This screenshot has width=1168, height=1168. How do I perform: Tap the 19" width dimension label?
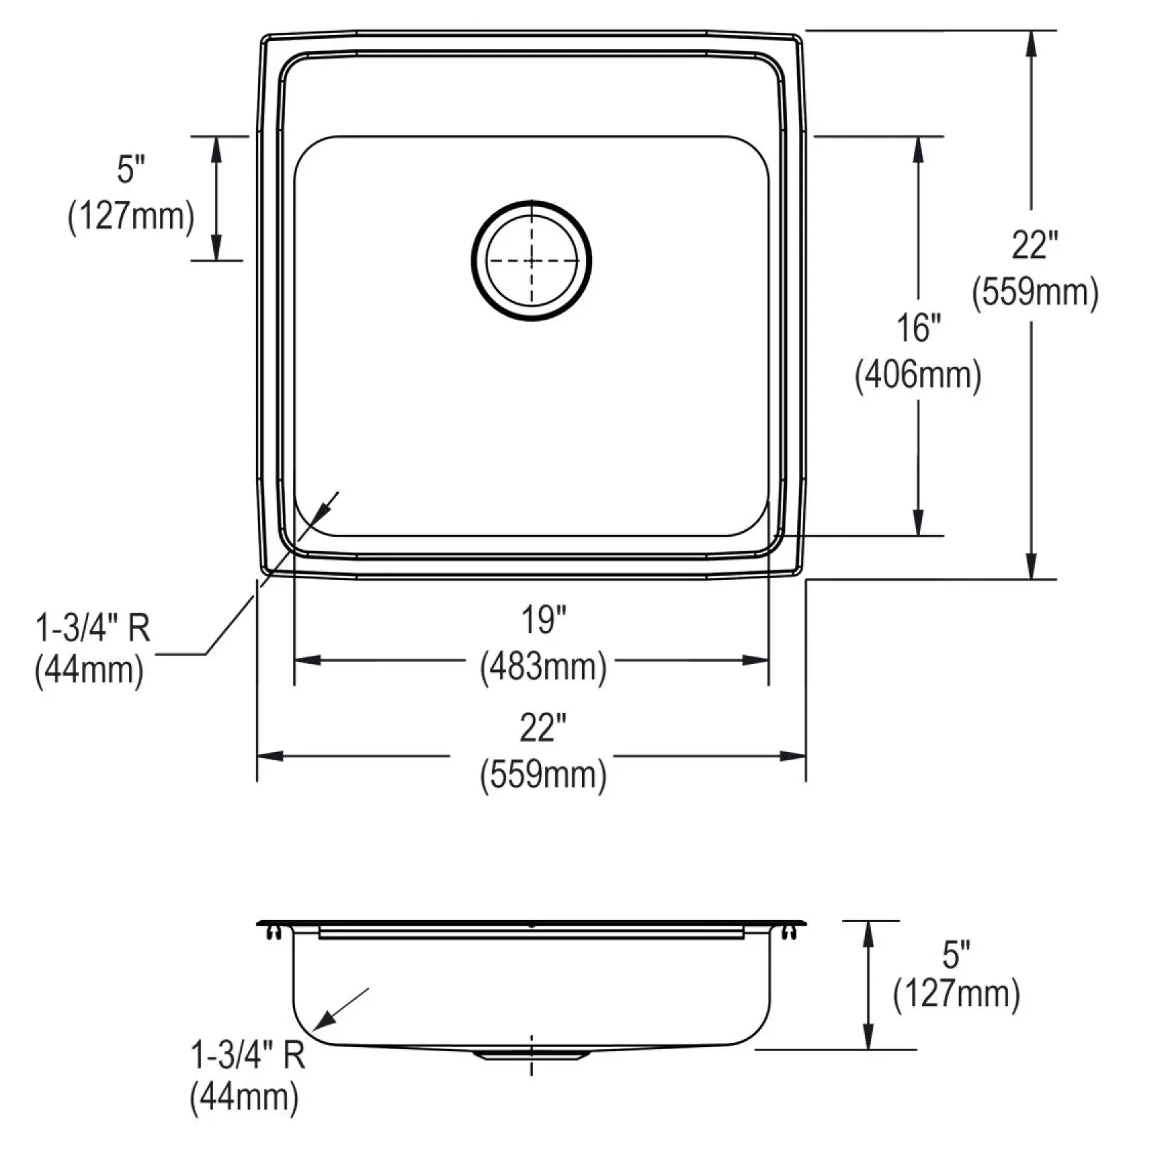point(544,620)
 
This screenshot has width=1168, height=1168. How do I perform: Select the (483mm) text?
point(543,667)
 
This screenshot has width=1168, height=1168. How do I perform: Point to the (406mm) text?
point(918,374)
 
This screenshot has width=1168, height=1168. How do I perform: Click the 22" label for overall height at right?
point(1034,245)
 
